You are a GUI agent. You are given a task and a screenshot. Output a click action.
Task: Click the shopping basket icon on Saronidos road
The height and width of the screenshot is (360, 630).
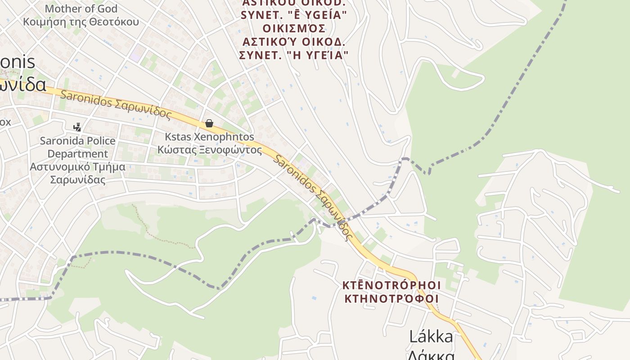pos(209,123)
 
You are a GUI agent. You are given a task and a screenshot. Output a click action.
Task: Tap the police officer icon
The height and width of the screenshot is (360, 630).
pos(77,127)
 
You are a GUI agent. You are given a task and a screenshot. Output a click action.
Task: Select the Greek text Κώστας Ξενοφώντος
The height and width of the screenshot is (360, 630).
pos(209,150)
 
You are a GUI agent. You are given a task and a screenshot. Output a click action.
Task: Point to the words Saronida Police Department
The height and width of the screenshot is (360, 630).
pos(77,147)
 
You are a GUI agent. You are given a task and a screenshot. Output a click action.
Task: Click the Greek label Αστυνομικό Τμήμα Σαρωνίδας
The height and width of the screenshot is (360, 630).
pos(77,173)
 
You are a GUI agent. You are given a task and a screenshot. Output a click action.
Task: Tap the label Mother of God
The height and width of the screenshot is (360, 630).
pos(81,9)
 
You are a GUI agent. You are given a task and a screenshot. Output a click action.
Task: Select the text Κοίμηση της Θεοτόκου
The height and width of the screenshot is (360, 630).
pos(81,22)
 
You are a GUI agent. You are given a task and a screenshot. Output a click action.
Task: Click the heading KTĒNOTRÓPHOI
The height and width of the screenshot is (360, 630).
pos(391,285)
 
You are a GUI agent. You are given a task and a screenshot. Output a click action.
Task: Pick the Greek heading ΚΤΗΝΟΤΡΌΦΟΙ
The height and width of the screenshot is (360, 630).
pos(391,298)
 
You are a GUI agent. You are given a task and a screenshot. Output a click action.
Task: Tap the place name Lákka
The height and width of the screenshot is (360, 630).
pos(431,336)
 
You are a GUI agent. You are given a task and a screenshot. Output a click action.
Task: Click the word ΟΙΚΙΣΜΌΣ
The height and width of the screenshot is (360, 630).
pos(294,28)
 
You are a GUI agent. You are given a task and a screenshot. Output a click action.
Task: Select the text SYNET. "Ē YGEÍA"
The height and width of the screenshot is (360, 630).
pos(294,15)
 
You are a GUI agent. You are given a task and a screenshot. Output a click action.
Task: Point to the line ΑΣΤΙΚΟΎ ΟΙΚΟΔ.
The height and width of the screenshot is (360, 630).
pos(294,42)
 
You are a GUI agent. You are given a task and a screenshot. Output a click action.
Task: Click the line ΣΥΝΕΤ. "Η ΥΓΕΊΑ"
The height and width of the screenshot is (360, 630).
pos(294,55)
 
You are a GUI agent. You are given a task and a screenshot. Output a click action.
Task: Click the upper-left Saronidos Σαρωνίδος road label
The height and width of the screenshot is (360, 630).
pos(116,104)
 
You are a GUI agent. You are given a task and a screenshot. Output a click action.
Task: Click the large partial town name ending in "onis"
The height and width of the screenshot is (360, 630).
pos(18,62)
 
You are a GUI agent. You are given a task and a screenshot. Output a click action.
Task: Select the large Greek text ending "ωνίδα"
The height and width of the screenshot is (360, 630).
pos(22,85)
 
